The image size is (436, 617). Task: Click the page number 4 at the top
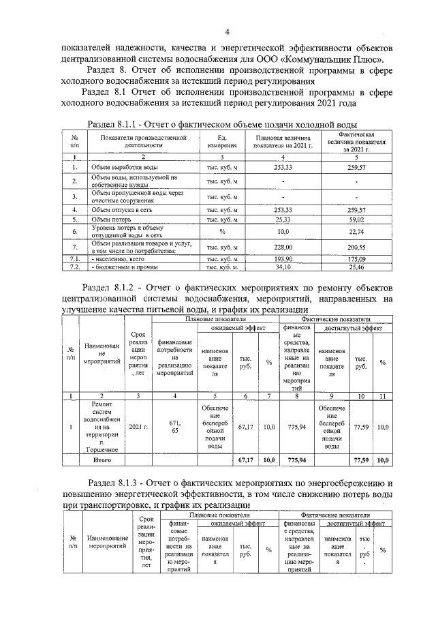pyautogui.click(x=228, y=32)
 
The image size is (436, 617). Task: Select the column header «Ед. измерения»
pyautogui.click(x=222, y=141)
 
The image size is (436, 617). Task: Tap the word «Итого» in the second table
pyautogui.click(x=102, y=460)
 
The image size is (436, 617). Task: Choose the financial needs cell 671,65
pyautogui.click(x=174, y=427)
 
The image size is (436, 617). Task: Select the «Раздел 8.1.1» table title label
pyautogui.click(x=120, y=123)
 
